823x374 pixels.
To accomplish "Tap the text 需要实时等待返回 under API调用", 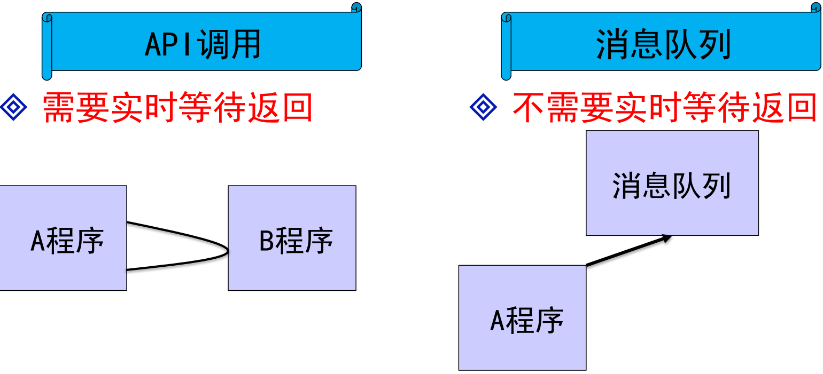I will pyautogui.click(x=177, y=108).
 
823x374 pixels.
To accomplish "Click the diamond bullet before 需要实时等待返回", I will pyautogui.click(x=13, y=108).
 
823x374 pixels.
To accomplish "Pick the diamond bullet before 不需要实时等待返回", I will pyautogui.click(x=483, y=108).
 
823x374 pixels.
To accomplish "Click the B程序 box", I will pyautogui.click(x=292, y=238).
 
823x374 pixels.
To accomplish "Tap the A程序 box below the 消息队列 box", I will pyautogui.click(x=522, y=317).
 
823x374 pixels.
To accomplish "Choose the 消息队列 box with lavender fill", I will pyautogui.click(x=672, y=183).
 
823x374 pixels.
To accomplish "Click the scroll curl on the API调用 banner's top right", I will pyautogui.click(x=356, y=7).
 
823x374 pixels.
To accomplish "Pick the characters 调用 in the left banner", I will pyautogui.click(x=229, y=44).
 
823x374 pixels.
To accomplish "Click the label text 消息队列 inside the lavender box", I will pyautogui.click(x=671, y=186).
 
